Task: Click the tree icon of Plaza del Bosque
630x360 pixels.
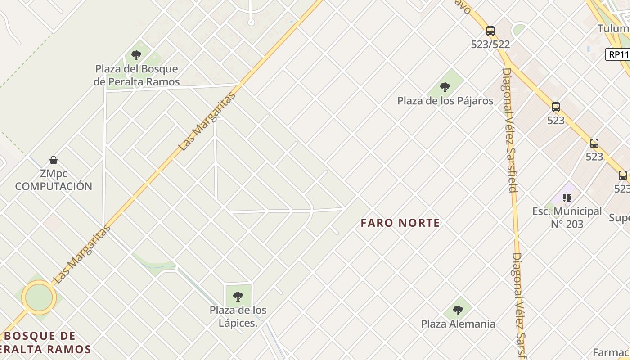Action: tap(136, 56)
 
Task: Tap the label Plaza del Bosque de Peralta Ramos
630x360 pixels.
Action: tap(136, 76)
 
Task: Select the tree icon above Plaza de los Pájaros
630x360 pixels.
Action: tap(445, 87)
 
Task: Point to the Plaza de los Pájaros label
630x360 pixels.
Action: tap(445, 101)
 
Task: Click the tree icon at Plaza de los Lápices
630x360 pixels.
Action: tap(238, 297)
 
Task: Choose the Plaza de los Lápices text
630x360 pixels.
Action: tap(238, 316)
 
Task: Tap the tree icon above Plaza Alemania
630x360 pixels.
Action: tap(458, 310)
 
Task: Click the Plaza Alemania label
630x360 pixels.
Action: tap(458, 324)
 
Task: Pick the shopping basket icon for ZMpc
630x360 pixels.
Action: tap(54, 160)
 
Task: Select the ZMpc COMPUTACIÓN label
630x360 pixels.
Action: tap(54, 180)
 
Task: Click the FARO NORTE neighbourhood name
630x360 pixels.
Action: tap(400, 223)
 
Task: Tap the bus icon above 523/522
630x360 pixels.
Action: tap(490, 31)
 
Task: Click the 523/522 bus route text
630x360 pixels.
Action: tap(490, 45)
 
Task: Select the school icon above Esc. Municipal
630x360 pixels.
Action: tap(567, 198)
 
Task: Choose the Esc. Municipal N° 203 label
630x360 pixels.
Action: tap(567, 217)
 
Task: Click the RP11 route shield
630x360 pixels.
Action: tap(618, 55)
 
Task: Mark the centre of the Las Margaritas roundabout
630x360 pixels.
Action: tap(39, 297)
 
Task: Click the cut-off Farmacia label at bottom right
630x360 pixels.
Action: tap(611, 352)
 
